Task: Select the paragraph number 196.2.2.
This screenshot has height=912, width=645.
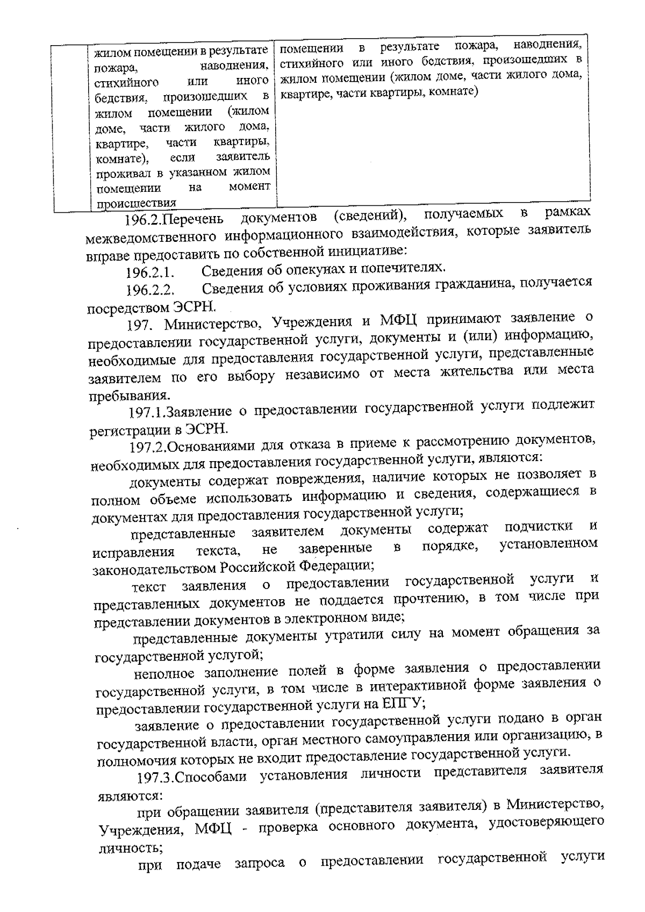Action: (x=153, y=291)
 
